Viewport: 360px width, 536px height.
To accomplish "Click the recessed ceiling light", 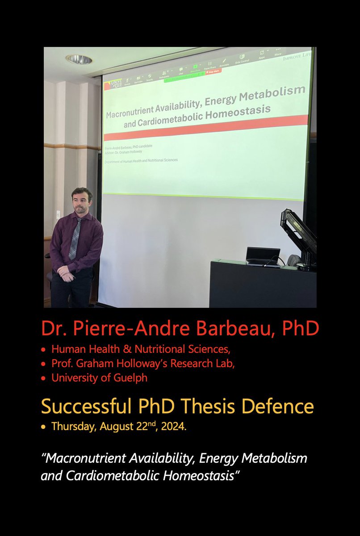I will tap(79, 59).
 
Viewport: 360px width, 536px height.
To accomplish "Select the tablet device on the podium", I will tap(263, 256).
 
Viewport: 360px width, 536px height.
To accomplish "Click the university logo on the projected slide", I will tap(113, 84).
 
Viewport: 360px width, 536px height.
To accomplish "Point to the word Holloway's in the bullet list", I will tap(156, 364).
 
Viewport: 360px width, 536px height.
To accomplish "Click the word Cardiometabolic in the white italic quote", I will tap(110, 475).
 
